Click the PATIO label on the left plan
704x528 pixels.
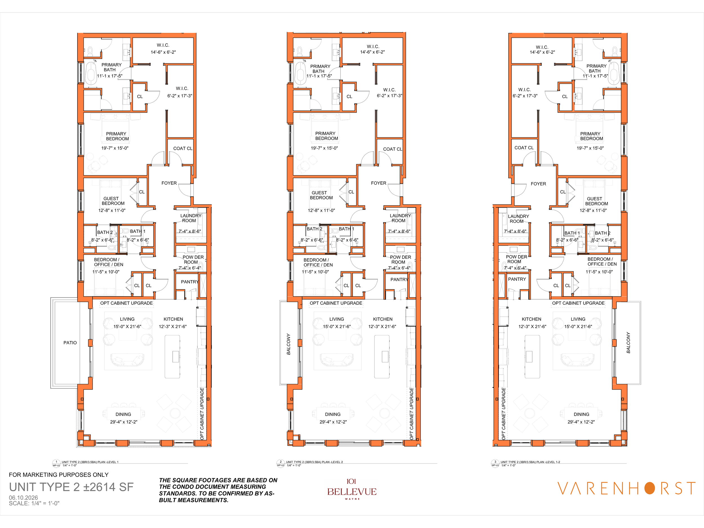(70, 343)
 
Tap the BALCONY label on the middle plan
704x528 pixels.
(289, 344)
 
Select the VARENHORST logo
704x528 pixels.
(626, 489)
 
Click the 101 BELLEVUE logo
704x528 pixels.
(352, 489)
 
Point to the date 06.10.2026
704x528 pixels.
(23, 498)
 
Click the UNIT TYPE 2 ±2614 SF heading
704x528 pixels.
(71, 487)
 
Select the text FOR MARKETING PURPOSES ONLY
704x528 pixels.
(59, 474)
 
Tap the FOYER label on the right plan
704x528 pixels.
(538, 184)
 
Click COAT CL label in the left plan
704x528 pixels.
(183, 148)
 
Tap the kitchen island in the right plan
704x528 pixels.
(532, 357)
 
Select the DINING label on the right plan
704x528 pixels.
(581, 415)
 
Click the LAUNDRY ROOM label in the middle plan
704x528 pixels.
(400, 218)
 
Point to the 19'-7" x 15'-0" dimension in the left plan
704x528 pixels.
(115, 148)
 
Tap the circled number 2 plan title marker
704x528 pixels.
(280, 462)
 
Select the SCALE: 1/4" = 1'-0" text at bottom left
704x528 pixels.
(34, 504)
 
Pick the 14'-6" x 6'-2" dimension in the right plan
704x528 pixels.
(542, 52)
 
